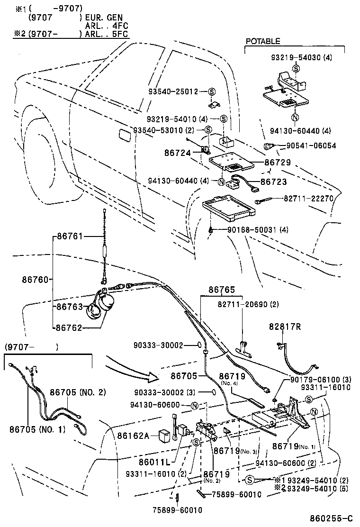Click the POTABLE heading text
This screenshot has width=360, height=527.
[x=262, y=42]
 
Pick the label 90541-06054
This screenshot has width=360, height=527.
[x=311, y=146]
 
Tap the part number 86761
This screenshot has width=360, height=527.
[x=70, y=236]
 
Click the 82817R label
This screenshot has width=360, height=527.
[x=286, y=327]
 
